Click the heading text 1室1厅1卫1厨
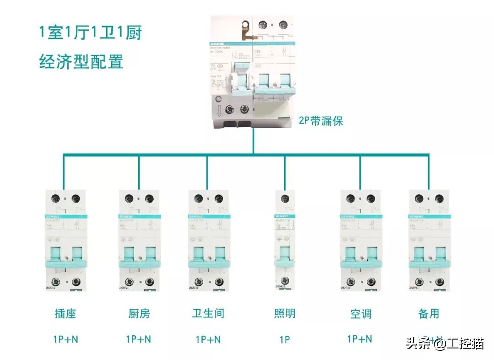(x=90, y=33)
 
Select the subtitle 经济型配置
(x=81, y=61)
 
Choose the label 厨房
(x=139, y=314)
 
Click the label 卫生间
(x=208, y=314)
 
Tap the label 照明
(x=285, y=314)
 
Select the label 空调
(x=360, y=314)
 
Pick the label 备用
(x=429, y=314)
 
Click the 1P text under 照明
(x=285, y=340)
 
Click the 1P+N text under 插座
(x=65, y=340)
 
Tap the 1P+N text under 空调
(x=360, y=339)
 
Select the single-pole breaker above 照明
(x=285, y=240)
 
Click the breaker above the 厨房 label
(x=139, y=240)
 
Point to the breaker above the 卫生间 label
(x=208, y=240)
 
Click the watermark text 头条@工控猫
(x=444, y=343)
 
